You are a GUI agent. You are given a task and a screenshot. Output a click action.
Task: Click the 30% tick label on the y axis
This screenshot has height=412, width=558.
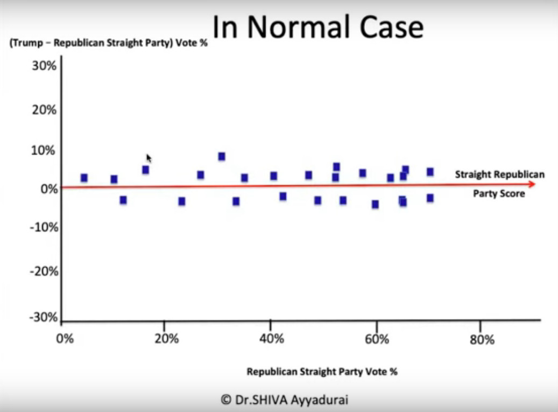tap(44, 67)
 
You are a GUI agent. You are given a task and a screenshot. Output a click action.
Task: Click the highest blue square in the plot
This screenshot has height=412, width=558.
tap(221, 157)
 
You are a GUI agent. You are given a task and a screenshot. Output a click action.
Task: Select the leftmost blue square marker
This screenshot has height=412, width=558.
tap(84, 178)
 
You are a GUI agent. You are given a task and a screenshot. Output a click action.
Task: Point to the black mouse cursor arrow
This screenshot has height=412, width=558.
tap(149, 158)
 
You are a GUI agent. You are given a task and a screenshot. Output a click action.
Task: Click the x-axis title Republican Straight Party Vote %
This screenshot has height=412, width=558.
tap(322, 372)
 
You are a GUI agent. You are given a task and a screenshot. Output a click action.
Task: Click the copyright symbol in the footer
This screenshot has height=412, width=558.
tap(226, 400)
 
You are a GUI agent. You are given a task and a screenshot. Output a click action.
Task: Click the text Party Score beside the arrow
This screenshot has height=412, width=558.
tap(499, 194)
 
